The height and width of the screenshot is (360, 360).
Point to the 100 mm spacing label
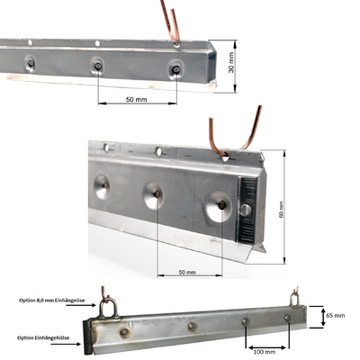(x=266, y=353)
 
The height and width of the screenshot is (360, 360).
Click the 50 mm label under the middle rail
(x=186, y=271)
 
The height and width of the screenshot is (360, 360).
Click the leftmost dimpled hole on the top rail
(x=31, y=62)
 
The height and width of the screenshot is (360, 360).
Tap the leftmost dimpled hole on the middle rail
(x=101, y=184)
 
